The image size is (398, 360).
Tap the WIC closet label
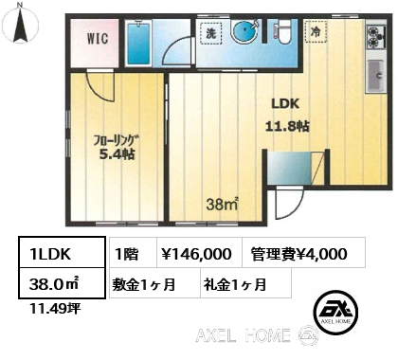coord(98,39)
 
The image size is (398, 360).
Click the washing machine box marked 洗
coord(211,33)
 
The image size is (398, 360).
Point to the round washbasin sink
coord(245,31)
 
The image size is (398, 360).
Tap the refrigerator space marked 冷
coord(316,31)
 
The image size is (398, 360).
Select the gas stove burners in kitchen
coord(375,37)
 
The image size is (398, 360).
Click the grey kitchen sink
coord(375,75)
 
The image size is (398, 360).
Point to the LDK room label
coord(285,103)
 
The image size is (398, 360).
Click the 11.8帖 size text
coord(287,126)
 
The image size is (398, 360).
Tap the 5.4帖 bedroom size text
coord(118,154)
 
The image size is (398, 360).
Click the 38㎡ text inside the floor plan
coord(222,205)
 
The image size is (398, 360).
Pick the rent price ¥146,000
coord(196,254)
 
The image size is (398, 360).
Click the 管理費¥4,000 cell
coord(298,254)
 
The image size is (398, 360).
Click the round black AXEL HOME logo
coord(335,313)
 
